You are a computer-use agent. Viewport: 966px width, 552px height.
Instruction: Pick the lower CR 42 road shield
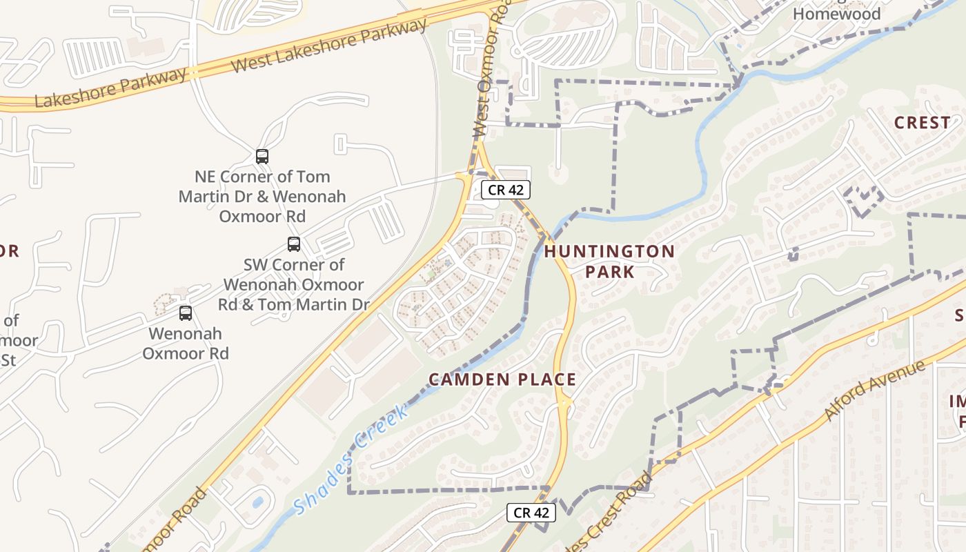tap(531, 513)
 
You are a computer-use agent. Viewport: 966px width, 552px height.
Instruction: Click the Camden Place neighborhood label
tap(502, 379)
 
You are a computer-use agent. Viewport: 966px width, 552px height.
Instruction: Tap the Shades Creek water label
tap(351, 460)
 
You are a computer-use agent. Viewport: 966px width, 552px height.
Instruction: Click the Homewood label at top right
tap(836, 14)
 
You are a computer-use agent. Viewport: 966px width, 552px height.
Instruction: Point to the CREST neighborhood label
tap(922, 123)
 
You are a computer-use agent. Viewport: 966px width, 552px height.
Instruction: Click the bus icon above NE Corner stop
tap(262, 157)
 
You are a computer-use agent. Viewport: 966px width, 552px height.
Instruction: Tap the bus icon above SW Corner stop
tap(294, 244)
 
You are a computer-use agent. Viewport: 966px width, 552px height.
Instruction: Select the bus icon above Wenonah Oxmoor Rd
tap(186, 313)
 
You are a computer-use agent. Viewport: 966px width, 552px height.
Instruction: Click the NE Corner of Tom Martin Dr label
tap(262, 197)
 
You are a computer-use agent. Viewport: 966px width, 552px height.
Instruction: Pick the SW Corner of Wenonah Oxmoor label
tap(294, 284)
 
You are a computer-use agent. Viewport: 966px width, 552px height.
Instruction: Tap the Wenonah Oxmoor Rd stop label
tap(186, 344)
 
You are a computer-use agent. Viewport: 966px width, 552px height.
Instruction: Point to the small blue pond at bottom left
tap(257, 502)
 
